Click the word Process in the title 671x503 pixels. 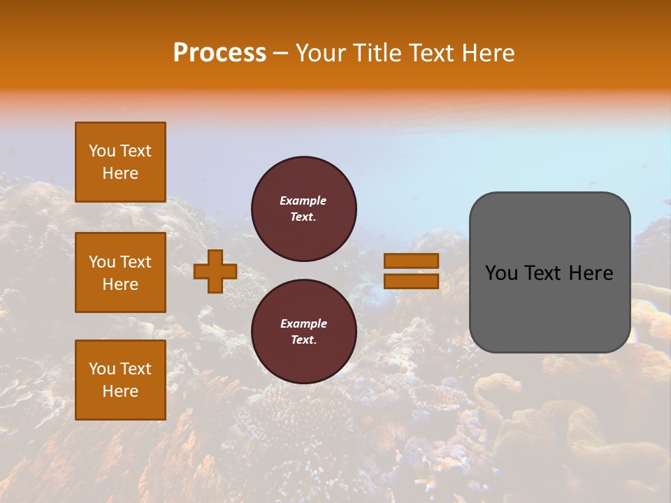219,53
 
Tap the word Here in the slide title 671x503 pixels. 487,53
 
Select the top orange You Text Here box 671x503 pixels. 120,162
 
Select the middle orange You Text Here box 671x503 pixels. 120,272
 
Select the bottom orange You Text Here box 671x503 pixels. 120,380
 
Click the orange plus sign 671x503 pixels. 215,271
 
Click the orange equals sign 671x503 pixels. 412,271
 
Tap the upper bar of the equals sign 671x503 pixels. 412,261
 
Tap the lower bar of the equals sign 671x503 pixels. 412,281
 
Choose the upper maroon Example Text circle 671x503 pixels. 303,209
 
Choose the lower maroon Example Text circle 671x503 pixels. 303,332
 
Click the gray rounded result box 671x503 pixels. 549,272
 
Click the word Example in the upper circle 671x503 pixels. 303,201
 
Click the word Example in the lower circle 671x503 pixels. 303,324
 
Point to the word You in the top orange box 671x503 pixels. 102,151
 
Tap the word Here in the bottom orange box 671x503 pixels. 120,391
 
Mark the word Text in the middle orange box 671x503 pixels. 136,262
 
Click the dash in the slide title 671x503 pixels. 281,54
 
